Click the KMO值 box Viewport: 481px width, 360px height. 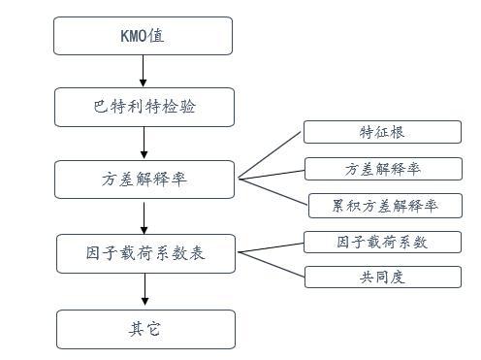pos(143,36)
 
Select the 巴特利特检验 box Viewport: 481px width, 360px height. pos(144,106)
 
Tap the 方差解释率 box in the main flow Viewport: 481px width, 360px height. pos(144,180)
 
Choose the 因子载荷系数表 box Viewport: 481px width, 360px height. pos(145,254)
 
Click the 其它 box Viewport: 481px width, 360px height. pos(145,328)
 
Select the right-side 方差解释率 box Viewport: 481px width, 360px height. pos(382,169)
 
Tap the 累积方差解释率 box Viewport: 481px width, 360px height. pos(384,206)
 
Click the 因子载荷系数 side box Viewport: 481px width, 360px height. pos(382,242)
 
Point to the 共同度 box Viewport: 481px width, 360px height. pos(382,277)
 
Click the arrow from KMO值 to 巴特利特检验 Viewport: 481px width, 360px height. pos(144,71)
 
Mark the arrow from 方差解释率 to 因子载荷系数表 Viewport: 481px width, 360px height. pos(144,215)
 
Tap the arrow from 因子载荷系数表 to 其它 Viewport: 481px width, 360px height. pos(145,290)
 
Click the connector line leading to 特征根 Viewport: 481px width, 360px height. pos(271,155)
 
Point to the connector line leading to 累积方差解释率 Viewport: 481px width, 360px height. pos(273,192)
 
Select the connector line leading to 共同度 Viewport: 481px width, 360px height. pos(273,264)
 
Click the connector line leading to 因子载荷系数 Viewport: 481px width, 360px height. pos(273,247)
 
